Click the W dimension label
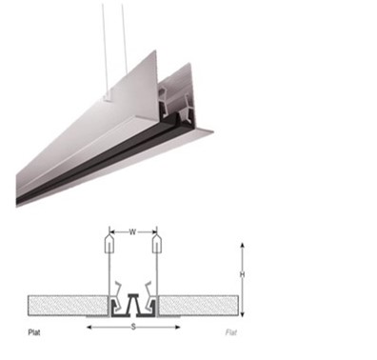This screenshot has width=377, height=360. point(132,232)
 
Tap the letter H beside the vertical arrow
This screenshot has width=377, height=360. point(242,274)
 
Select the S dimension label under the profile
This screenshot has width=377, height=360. point(133,327)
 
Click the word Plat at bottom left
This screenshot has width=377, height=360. point(34,332)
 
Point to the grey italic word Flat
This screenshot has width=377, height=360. point(231,332)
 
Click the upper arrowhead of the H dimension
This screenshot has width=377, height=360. point(242,246)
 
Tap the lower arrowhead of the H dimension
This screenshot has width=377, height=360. point(242,314)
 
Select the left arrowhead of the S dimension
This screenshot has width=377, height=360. point(89,327)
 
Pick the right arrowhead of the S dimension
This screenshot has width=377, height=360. point(177,327)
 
